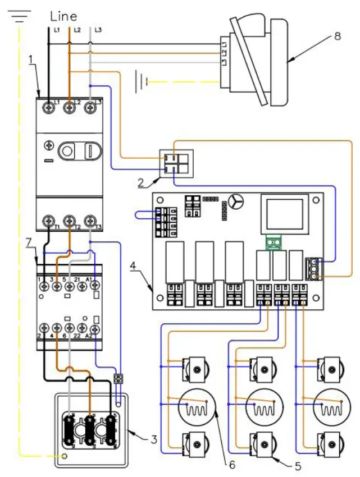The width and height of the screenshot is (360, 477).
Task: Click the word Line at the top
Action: [x=63, y=16]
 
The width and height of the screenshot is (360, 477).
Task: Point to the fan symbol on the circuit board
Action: [x=236, y=203]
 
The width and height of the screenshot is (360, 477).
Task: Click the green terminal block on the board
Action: [x=273, y=242]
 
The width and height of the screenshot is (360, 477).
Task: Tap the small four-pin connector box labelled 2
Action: [x=176, y=162]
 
